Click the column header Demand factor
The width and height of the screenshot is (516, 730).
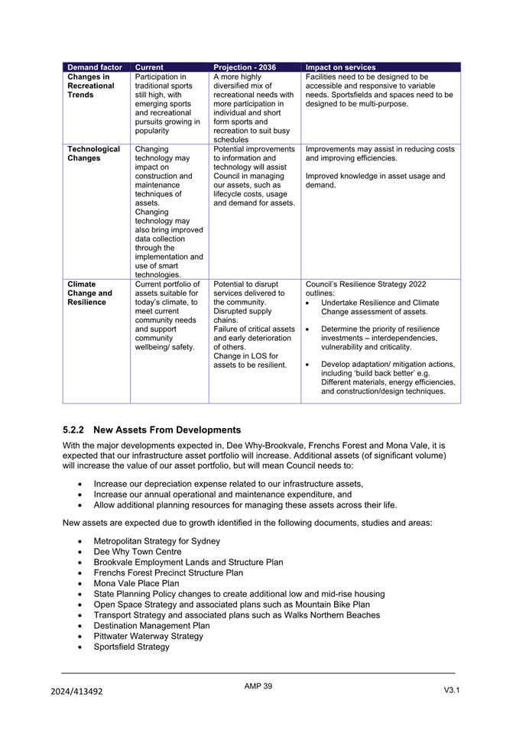[x=94, y=67]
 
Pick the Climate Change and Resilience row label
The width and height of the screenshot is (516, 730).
[x=89, y=293]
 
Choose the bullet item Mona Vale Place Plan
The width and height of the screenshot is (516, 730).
[x=137, y=583]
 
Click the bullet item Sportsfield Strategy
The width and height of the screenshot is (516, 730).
[x=131, y=647]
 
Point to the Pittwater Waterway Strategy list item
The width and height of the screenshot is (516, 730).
[x=148, y=636]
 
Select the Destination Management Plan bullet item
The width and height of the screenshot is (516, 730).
[x=151, y=625]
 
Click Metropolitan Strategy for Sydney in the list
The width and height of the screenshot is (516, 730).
[x=157, y=540]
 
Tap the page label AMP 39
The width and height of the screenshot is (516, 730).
[x=258, y=686]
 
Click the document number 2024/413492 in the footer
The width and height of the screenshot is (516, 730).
[x=77, y=691]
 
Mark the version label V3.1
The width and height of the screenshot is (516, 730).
[x=452, y=690]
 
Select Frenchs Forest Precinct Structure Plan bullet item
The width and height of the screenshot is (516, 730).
[x=168, y=573]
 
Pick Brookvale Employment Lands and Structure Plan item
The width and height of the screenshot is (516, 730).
[x=188, y=562]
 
